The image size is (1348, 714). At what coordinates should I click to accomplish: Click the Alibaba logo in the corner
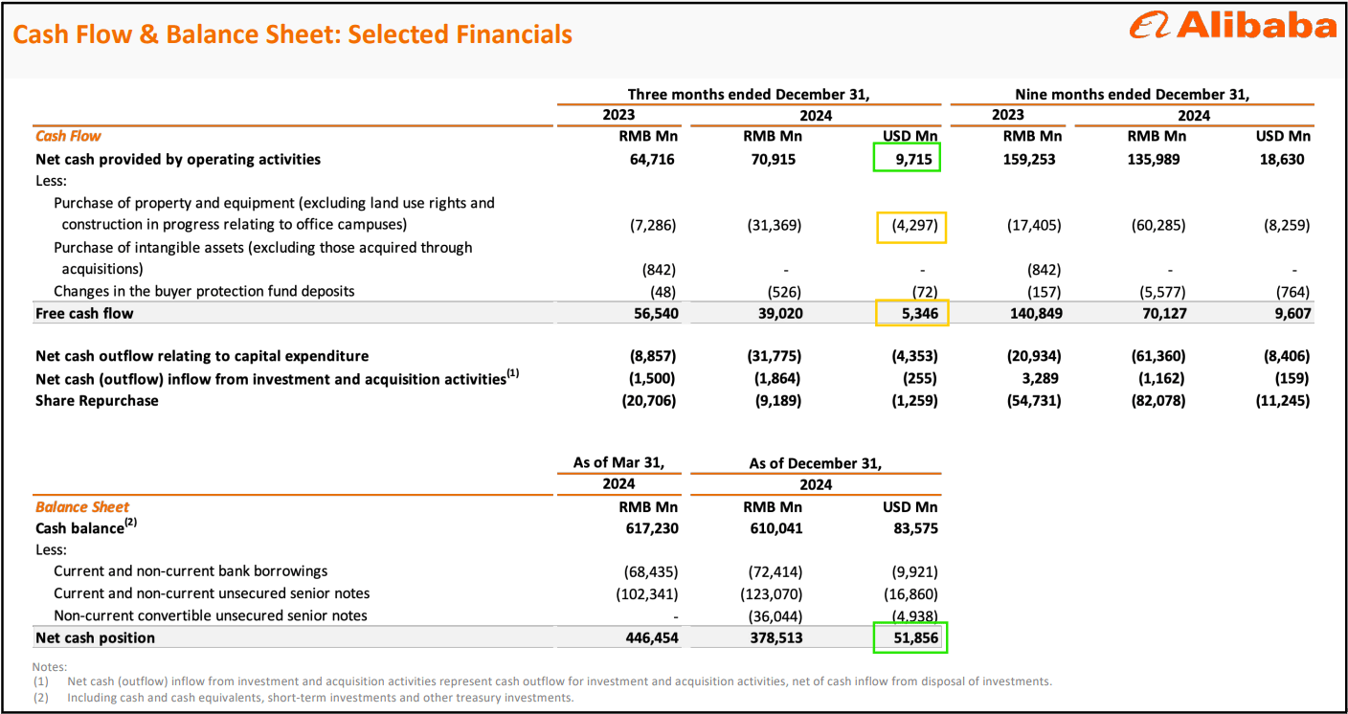click(1232, 26)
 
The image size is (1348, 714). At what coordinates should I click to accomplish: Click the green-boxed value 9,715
click(907, 159)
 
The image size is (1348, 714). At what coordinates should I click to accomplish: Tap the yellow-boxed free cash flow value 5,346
click(912, 313)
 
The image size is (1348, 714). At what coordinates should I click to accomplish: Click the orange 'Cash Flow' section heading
click(68, 136)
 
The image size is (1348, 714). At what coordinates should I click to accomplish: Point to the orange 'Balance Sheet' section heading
click(82, 507)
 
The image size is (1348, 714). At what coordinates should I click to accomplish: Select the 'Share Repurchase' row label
click(97, 400)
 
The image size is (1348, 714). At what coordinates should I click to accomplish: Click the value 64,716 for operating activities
click(648, 159)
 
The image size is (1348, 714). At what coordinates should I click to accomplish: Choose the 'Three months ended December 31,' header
click(748, 94)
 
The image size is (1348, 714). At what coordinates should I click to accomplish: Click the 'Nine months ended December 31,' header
click(1132, 94)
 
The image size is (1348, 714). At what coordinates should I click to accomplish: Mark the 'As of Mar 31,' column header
click(618, 462)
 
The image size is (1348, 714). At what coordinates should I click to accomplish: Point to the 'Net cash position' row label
click(95, 637)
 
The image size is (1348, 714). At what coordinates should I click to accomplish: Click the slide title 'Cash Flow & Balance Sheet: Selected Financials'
click(292, 35)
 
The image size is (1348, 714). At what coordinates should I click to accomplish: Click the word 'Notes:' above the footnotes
click(49, 666)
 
